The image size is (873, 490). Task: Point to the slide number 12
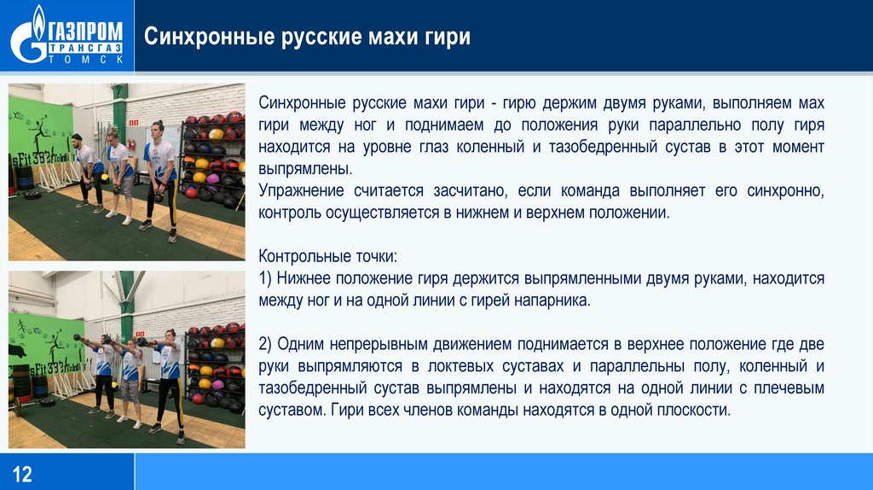[x=22, y=474]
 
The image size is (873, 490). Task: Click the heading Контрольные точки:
[x=327, y=256]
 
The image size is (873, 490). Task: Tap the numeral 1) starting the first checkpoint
[x=265, y=279]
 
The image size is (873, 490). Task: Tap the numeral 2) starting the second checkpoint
[x=265, y=345]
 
